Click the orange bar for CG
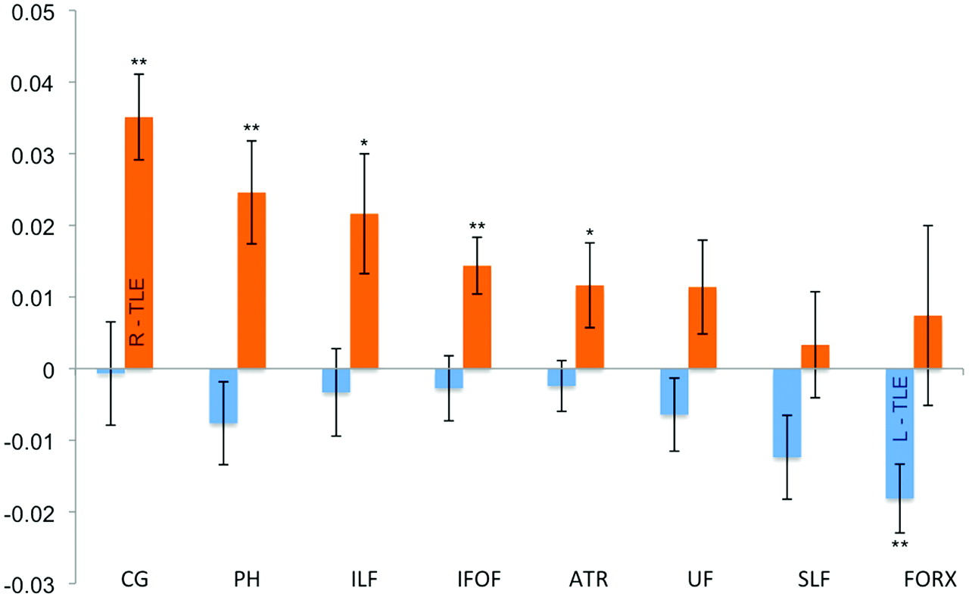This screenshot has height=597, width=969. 139,242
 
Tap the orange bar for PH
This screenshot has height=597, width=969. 251,280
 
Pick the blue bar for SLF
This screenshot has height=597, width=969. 787,413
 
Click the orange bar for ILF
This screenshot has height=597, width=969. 364,291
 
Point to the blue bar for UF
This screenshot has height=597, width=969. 675,392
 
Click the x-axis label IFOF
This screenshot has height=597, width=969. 477,581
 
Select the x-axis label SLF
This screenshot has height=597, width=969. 815,581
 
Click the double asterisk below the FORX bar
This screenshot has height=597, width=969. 900,545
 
